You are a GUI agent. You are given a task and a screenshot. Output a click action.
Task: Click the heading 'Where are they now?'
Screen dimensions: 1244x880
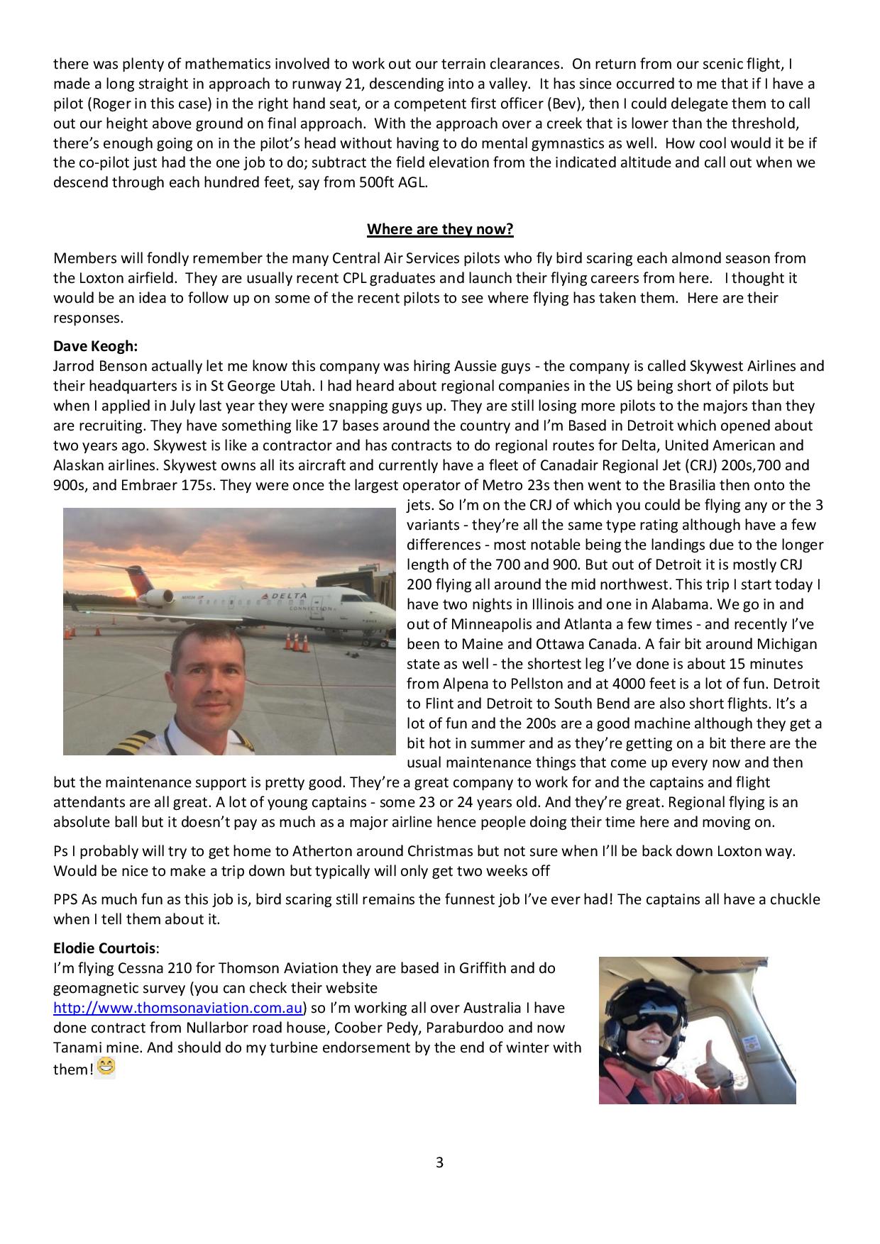tap(440, 229)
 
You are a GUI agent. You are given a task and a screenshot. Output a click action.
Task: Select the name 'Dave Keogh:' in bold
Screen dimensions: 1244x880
tap(95, 346)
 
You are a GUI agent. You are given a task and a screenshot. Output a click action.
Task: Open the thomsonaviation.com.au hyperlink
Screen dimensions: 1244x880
tap(179, 1008)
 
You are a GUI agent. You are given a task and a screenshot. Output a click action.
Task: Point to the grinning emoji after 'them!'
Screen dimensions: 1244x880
tap(106, 1067)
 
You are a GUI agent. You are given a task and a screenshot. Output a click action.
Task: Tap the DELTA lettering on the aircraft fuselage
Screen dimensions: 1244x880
tap(289, 596)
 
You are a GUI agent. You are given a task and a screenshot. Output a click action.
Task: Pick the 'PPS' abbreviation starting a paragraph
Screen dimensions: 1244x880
tap(66, 899)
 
